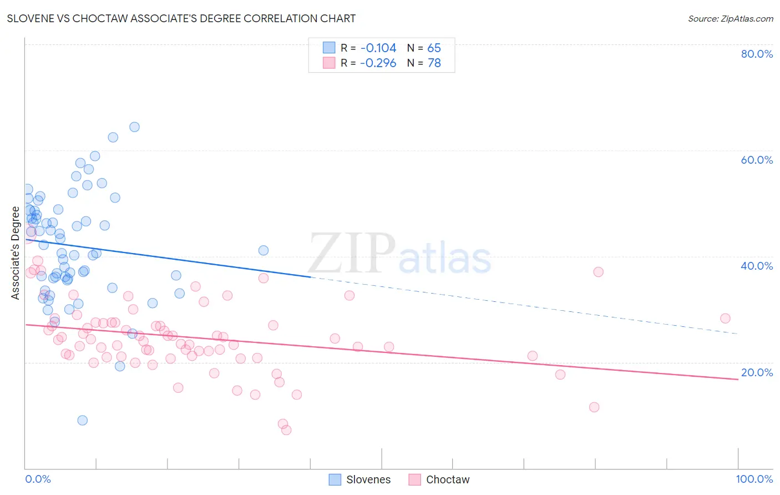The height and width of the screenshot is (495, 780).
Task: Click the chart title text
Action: point(181,18)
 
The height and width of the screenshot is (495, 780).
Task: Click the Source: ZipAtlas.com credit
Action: point(730,18)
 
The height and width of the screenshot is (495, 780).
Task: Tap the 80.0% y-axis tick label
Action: point(757,54)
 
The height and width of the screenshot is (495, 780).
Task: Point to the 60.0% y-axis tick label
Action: point(757,160)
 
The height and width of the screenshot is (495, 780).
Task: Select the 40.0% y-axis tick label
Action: point(757,266)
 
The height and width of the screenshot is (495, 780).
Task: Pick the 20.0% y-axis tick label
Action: point(757,372)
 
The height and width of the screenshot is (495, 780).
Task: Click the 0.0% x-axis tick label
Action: point(38,479)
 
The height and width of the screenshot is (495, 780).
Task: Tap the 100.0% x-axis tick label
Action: point(754,479)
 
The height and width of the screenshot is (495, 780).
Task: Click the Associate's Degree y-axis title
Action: point(16,253)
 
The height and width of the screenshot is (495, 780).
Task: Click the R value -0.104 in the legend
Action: point(378,48)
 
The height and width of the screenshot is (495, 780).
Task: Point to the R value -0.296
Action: point(378,63)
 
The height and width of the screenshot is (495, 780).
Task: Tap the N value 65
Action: point(434,48)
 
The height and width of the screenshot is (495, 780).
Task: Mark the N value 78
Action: point(434,63)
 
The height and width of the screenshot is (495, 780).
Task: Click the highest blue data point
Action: point(134,127)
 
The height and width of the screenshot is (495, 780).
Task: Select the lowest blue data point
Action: point(83,420)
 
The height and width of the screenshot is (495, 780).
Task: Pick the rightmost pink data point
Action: point(725,319)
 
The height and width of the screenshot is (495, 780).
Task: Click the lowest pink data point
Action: point(286,430)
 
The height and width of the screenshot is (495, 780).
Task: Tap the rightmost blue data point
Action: point(264,250)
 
